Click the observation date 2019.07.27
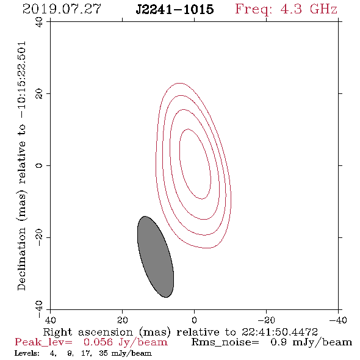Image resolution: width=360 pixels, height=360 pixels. [62, 9]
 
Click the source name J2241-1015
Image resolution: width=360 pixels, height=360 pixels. [175, 9]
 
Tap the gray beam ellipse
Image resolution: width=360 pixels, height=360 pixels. [156, 257]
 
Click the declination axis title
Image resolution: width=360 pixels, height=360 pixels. [21, 166]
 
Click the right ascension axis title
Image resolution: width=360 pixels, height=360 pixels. [181, 332]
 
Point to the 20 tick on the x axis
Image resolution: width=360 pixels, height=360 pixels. [122, 320]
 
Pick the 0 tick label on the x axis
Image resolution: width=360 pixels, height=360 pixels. [194, 320]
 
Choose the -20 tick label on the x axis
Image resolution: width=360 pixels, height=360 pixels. [266, 320]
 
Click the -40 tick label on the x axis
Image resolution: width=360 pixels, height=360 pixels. [338, 320]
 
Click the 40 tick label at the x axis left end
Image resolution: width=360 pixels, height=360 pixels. [50, 320]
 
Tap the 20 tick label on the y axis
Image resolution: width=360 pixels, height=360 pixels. [39, 94]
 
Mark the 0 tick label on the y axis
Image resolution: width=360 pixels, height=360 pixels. [39, 165]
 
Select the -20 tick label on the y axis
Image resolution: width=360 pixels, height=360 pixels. [39, 237]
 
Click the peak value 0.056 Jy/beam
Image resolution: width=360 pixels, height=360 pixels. [126, 342]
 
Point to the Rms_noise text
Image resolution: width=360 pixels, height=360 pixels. [225, 342]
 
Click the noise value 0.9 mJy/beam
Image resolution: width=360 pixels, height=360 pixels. [311, 342]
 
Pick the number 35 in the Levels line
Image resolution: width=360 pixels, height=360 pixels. [103, 353]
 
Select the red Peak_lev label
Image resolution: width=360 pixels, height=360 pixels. [43, 342]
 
